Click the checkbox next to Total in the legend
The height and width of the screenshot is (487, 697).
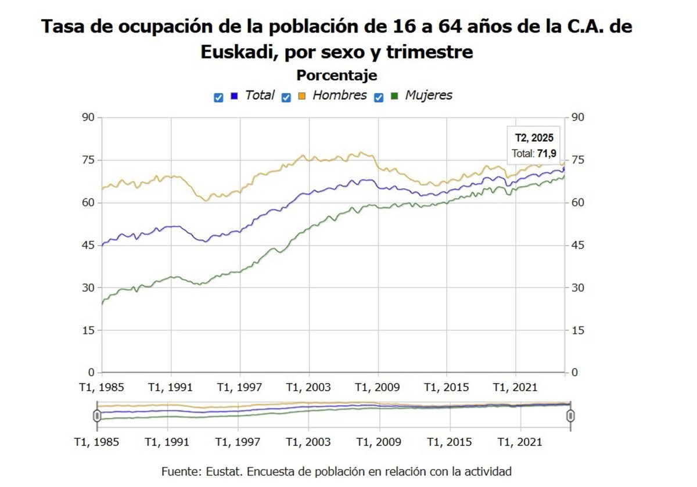218,98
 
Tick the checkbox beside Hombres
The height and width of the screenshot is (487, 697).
286,98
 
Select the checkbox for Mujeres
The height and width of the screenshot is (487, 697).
379,98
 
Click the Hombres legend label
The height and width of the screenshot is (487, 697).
339,96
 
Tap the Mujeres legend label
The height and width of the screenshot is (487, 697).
428,96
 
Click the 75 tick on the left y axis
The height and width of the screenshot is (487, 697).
87,160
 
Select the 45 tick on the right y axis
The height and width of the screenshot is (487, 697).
579,246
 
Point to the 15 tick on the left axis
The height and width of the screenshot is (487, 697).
87,330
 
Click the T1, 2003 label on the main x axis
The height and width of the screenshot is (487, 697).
309,388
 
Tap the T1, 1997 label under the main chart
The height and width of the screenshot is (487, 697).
240,388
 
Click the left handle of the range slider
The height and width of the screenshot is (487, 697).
97,416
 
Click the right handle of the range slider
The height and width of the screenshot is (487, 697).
570,416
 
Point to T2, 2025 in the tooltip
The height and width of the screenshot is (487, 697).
534,138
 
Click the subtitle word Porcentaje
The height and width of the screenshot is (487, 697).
336,75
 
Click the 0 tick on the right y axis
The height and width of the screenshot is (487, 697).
574,373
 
